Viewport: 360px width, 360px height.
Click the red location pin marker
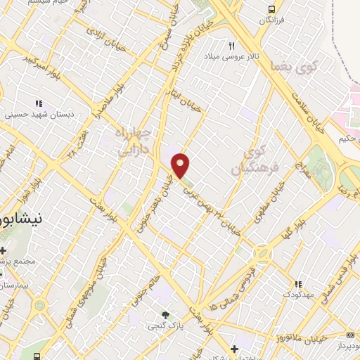(181, 165)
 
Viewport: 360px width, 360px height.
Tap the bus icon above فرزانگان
(271, 9)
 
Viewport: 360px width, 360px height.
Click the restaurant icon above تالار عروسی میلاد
(231, 45)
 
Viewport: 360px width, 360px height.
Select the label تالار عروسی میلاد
(229, 56)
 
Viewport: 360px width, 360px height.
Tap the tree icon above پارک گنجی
(165, 315)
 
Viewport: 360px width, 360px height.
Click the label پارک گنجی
(163, 326)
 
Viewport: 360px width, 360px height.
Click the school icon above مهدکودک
(299, 285)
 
